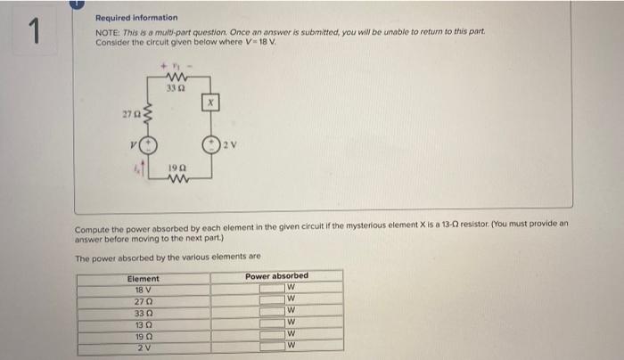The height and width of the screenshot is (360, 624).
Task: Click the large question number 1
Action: click(33, 32)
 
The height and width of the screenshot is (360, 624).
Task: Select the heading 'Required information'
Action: click(136, 18)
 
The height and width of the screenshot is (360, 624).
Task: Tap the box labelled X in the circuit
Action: click(211, 102)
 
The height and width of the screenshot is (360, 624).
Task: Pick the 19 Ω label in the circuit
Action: click(177, 168)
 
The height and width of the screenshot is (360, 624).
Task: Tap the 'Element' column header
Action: click(144, 278)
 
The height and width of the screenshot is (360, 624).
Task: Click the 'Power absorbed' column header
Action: click(276, 276)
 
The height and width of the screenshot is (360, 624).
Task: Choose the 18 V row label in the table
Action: click(144, 289)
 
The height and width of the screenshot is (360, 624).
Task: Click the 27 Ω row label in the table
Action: click(144, 299)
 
